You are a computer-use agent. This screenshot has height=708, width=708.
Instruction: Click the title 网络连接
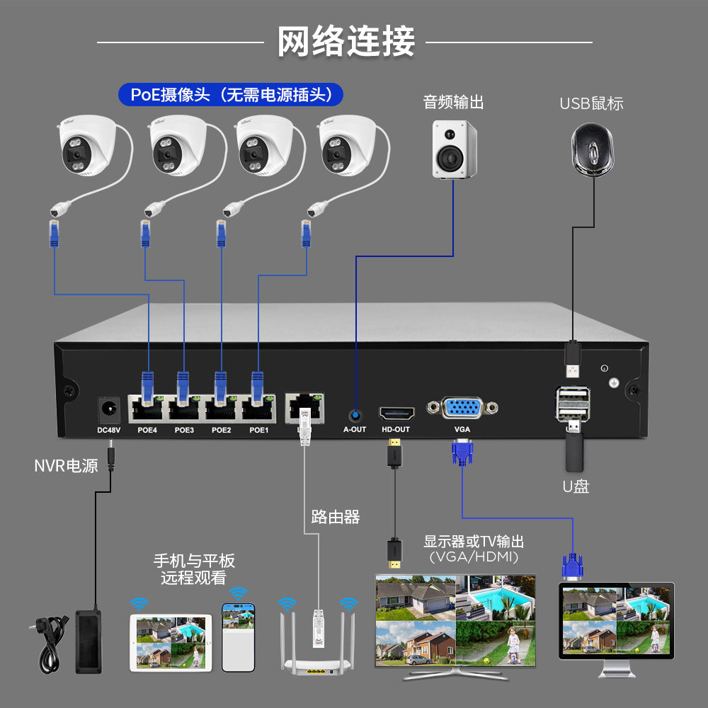click(x=346, y=41)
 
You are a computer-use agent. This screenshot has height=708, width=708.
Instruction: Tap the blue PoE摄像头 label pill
click(x=231, y=94)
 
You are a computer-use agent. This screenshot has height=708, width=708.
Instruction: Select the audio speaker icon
click(x=455, y=149)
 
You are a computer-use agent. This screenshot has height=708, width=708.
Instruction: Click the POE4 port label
click(x=147, y=430)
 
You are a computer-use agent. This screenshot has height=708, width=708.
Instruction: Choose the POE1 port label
click(x=259, y=430)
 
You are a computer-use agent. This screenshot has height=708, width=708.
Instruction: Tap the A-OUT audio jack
click(x=355, y=413)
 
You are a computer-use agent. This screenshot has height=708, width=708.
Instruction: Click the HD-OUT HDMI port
click(x=395, y=412)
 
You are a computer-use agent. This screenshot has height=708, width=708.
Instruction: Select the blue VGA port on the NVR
click(x=462, y=409)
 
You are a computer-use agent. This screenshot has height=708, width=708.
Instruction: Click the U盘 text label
click(x=576, y=487)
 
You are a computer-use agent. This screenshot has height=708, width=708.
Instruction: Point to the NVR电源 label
click(x=67, y=466)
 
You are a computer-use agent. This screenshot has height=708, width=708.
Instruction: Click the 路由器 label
click(x=336, y=517)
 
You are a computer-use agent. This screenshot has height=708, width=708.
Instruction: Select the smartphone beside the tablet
click(x=238, y=636)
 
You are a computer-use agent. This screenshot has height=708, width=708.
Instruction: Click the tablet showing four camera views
click(x=171, y=641)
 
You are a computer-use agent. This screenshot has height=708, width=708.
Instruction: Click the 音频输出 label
click(x=453, y=102)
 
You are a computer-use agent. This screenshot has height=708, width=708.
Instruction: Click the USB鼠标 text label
click(x=591, y=103)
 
